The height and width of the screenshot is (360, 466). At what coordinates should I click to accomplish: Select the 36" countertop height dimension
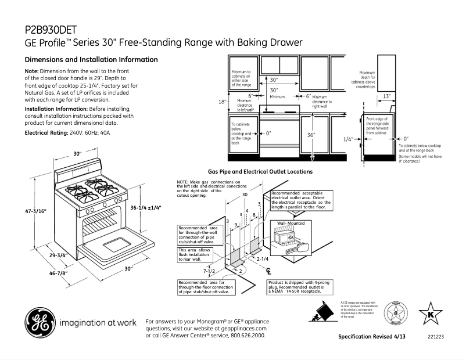click(311, 135)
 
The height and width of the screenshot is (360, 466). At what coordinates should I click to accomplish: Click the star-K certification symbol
click(431, 312)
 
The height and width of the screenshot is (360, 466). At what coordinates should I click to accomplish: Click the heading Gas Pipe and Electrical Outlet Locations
click(260, 172)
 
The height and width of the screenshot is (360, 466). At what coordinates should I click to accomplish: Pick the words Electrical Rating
click(46, 133)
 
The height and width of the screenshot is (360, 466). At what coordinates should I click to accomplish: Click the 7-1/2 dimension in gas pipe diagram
click(209, 271)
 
